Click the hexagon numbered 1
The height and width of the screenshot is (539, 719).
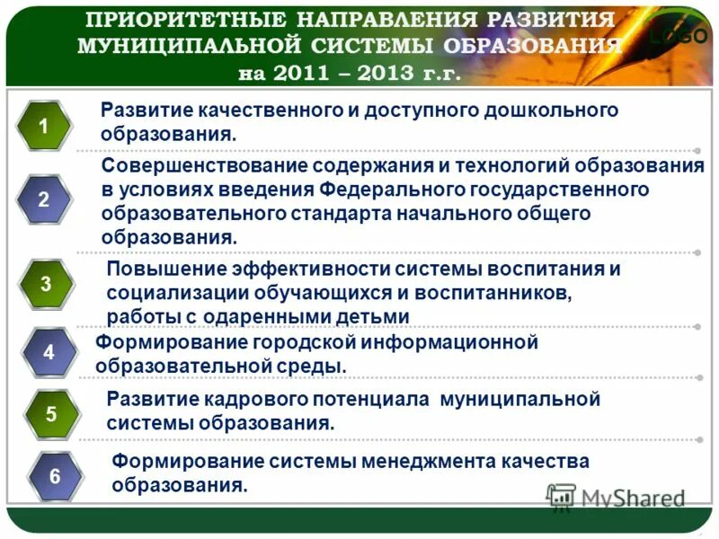click(x=43, y=128)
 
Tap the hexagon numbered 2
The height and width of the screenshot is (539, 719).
click(x=43, y=200)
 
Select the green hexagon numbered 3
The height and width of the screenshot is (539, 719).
click(x=46, y=284)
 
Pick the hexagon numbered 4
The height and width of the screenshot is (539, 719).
click(x=49, y=353)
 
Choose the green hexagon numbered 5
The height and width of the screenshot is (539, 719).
click(x=51, y=414)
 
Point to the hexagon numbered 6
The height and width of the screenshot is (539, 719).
click(x=55, y=476)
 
